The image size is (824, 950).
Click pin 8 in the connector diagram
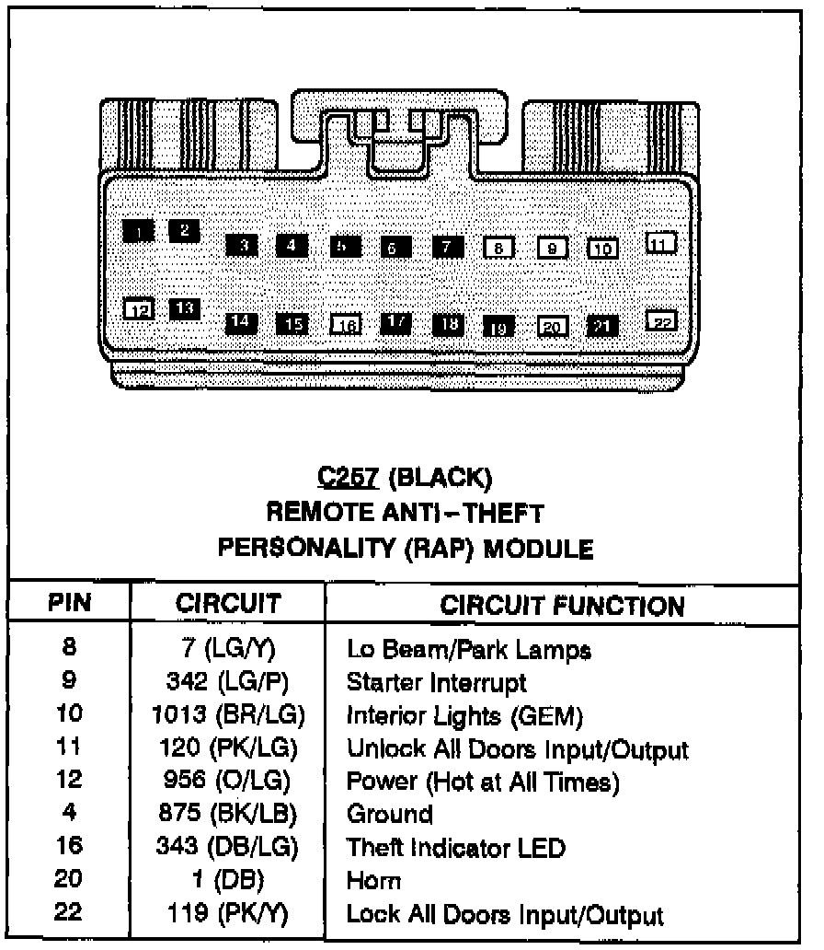(x=498, y=248)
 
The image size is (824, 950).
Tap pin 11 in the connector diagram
(x=660, y=242)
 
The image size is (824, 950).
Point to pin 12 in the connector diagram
(x=139, y=309)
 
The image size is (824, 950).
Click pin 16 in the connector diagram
(x=345, y=324)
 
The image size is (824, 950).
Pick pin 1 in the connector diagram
(x=138, y=231)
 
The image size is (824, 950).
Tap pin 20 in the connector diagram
(x=552, y=326)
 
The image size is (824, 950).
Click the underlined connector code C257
(x=349, y=477)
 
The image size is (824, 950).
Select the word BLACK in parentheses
(x=441, y=477)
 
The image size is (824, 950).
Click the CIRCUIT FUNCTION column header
(x=562, y=605)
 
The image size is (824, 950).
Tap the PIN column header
(x=69, y=603)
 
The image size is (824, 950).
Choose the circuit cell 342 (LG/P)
(x=228, y=683)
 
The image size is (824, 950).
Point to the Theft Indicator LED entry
(x=455, y=847)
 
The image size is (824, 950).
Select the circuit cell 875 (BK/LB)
(x=228, y=814)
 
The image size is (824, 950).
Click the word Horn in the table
(x=373, y=881)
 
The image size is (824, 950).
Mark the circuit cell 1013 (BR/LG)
(x=228, y=715)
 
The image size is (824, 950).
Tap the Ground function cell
(x=389, y=814)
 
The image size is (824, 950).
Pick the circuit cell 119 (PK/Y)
(x=228, y=915)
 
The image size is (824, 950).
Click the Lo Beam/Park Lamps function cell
(x=468, y=650)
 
